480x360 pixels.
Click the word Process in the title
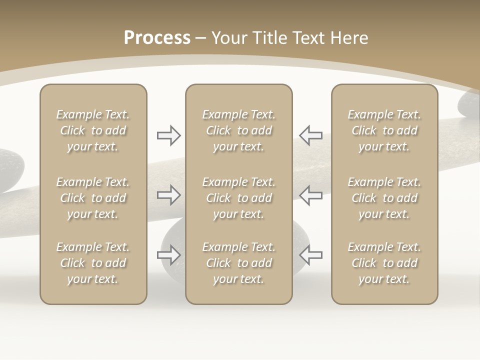click(x=157, y=38)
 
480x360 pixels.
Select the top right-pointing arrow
click(x=169, y=135)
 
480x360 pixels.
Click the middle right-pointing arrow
click(x=169, y=195)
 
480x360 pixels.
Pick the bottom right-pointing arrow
click(x=169, y=255)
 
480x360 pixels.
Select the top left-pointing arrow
click(x=310, y=135)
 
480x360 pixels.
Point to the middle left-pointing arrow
click(x=310, y=195)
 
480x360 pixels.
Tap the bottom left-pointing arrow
click(x=310, y=255)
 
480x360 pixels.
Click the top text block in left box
click(x=93, y=130)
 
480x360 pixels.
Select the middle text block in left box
click(x=93, y=198)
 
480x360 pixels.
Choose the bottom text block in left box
click(x=93, y=263)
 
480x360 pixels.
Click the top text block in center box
click(x=239, y=130)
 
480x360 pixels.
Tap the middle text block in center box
click(x=239, y=198)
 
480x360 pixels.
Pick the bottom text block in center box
click(x=239, y=263)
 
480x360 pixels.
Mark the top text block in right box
click(x=384, y=130)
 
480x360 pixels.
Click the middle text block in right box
click(x=384, y=198)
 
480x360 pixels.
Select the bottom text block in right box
click(x=384, y=263)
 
